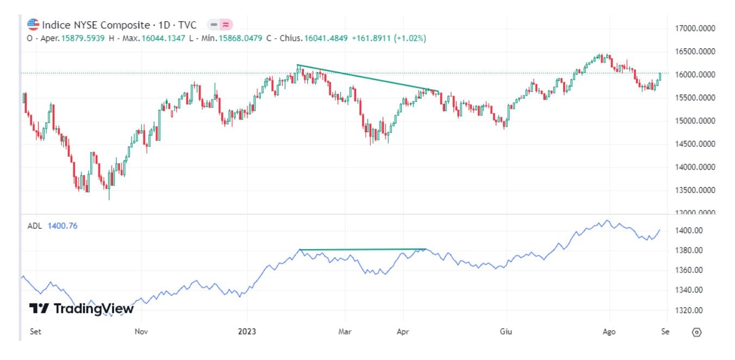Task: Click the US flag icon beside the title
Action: tap(33, 24)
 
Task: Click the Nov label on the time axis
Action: tap(141, 331)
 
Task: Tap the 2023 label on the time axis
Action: tap(247, 331)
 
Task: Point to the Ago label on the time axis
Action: tap(609, 331)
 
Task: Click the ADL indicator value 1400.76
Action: tap(63, 226)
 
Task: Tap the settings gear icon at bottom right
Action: tap(697, 332)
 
